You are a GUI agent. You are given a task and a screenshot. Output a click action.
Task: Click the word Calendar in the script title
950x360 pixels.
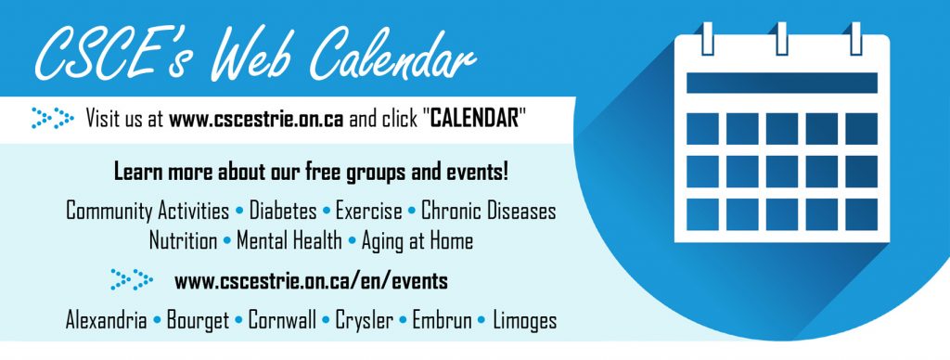coord(392,57)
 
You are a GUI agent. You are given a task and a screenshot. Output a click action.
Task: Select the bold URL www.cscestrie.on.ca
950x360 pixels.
coord(256,119)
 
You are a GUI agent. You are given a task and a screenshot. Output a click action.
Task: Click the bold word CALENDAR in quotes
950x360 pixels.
coord(474,119)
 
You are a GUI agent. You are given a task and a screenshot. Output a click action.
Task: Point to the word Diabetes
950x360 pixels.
coord(283,211)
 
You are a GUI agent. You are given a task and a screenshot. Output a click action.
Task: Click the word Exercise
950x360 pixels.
coord(368,211)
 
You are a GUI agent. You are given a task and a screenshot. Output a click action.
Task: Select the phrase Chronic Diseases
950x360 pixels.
coord(488,211)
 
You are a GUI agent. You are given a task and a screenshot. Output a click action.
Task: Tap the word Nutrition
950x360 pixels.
coord(183,240)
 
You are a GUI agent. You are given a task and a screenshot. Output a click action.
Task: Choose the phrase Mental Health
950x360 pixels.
coord(289,240)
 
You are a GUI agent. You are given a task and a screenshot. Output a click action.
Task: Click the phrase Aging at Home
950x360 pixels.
coord(417,241)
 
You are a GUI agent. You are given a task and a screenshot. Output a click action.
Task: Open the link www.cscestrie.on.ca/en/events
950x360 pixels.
coord(311,281)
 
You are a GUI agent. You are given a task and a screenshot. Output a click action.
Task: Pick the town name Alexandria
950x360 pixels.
coord(106,320)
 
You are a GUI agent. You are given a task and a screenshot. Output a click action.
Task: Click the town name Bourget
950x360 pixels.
coord(199,321)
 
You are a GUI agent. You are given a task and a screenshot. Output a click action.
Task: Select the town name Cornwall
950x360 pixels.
coord(282,320)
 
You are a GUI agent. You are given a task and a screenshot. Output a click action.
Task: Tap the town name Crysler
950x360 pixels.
coord(365,321)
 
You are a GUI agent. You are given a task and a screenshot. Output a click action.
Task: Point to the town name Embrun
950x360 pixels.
coord(442,320)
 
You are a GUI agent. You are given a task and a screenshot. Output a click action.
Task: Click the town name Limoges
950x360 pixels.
coord(525,321)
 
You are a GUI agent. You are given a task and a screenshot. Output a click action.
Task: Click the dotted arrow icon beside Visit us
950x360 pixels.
coord(53,118)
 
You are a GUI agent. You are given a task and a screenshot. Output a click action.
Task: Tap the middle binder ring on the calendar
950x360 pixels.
coord(781,39)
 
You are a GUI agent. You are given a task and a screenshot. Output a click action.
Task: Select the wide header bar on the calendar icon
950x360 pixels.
coord(781,83)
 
